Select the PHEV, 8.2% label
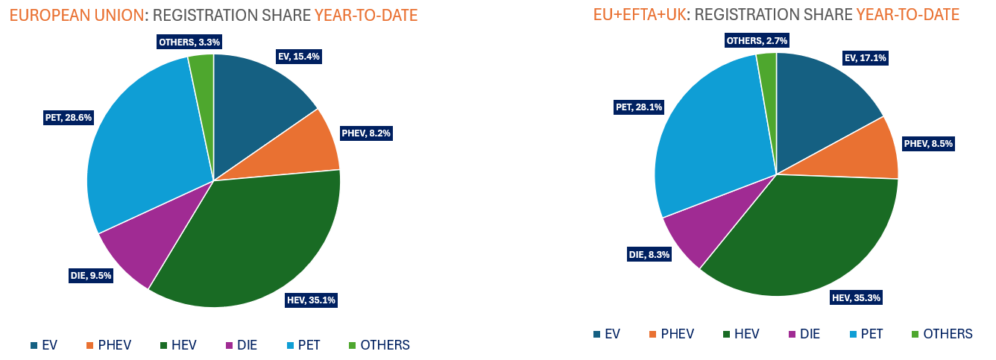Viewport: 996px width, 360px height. [x=366, y=133]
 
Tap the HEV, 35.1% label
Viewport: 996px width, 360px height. [x=311, y=300]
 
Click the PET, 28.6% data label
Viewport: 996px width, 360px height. [x=69, y=117]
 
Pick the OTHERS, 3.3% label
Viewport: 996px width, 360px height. [x=189, y=42]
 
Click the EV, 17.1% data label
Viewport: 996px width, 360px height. [x=865, y=57]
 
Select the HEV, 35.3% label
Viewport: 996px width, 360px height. [x=857, y=298]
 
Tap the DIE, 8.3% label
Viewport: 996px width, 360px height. [x=649, y=254]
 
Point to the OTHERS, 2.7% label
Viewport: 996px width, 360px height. [x=757, y=40]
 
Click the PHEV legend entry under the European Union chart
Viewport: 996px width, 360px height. [x=109, y=345]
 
